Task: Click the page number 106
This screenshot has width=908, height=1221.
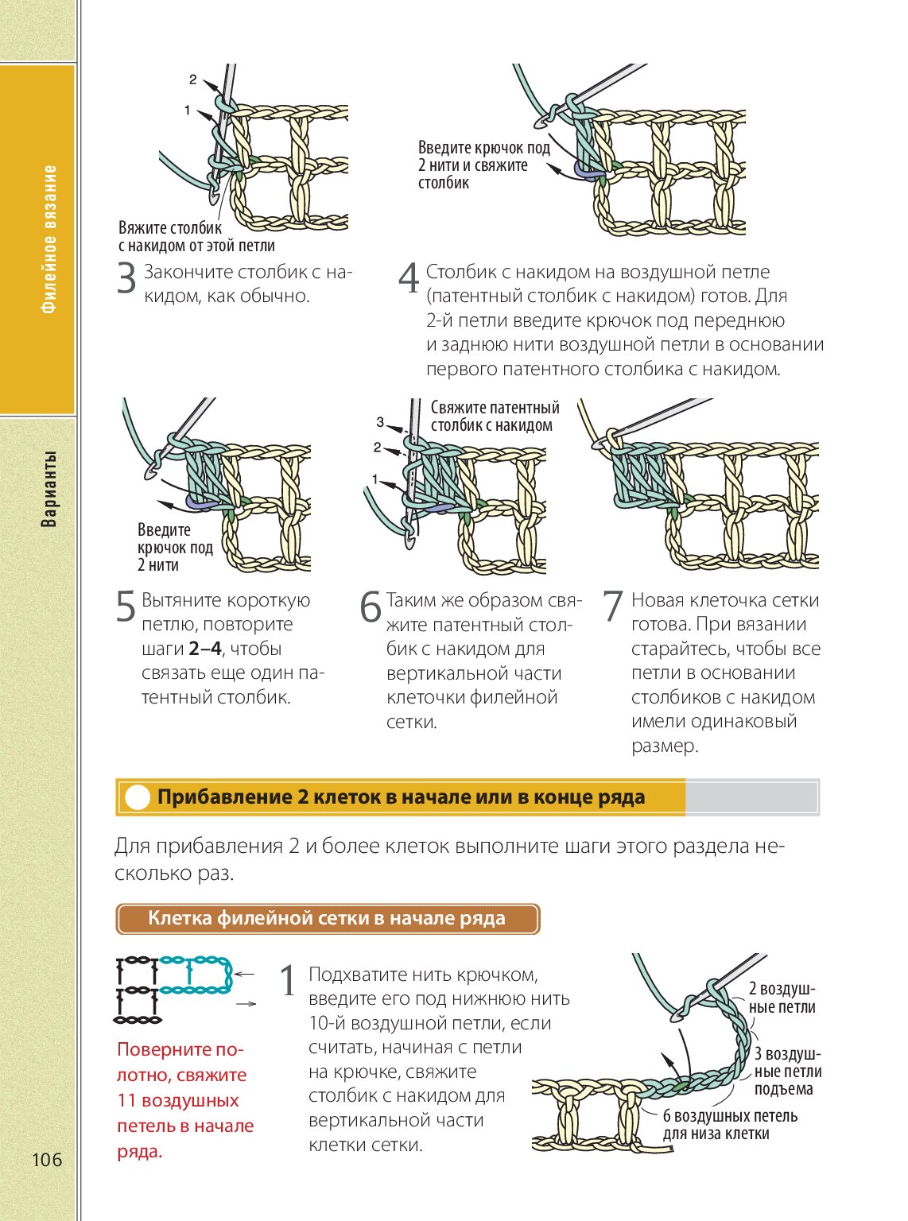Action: coord(47,1159)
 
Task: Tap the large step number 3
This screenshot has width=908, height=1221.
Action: coord(127,279)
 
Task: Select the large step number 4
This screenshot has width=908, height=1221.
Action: coord(409,279)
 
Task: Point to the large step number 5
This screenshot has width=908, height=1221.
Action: coord(126,607)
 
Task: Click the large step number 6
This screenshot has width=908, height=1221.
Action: coord(371,607)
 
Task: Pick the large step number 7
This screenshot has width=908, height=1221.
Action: coord(612,607)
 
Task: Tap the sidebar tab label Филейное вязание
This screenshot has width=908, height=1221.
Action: coord(49,239)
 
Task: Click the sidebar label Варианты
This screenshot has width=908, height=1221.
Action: coord(49,488)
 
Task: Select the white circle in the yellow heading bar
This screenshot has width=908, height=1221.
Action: coord(138,797)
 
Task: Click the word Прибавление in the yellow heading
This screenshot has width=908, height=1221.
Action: coord(224,797)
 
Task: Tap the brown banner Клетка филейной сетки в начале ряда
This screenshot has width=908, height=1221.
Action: coord(327,919)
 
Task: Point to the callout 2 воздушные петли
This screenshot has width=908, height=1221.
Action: coord(782,998)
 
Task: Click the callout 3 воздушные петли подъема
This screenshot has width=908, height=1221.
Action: coord(787,1072)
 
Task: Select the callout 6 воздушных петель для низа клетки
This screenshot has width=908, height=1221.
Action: coord(729,1125)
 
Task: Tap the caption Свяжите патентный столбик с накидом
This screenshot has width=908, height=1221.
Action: coord(495,417)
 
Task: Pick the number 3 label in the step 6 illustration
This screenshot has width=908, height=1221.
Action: coord(380,422)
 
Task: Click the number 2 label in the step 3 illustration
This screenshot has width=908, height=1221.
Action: coord(193,79)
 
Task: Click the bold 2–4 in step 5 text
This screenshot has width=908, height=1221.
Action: coord(206,649)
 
